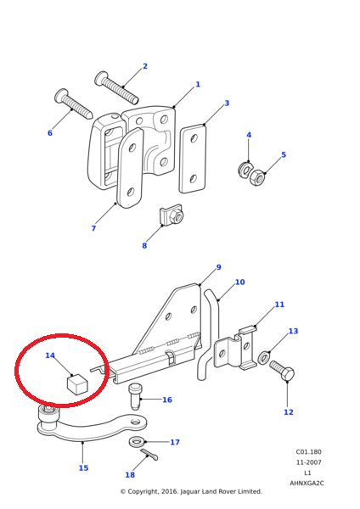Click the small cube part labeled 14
point(77,384)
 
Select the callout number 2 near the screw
point(144,66)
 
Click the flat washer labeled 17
point(137,442)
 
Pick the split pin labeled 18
point(149,455)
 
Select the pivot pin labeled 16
point(135,394)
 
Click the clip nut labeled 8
point(172,217)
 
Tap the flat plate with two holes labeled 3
point(193,159)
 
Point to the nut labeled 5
point(257,177)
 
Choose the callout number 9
point(218,267)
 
